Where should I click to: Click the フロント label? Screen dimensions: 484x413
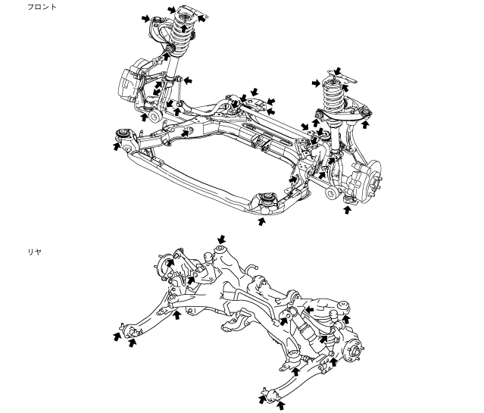coord(42,7)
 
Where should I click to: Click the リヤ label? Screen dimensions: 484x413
coord(35,252)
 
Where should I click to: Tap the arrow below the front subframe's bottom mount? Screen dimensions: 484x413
coord(261,221)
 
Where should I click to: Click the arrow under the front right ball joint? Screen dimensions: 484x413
coord(347,210)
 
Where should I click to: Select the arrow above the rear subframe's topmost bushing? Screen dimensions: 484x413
coord(222,239)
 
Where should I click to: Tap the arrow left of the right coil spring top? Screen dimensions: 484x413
coord(316,83)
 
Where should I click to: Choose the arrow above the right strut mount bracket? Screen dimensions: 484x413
coord(338,71)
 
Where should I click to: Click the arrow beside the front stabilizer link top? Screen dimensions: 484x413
coord(188,80)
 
